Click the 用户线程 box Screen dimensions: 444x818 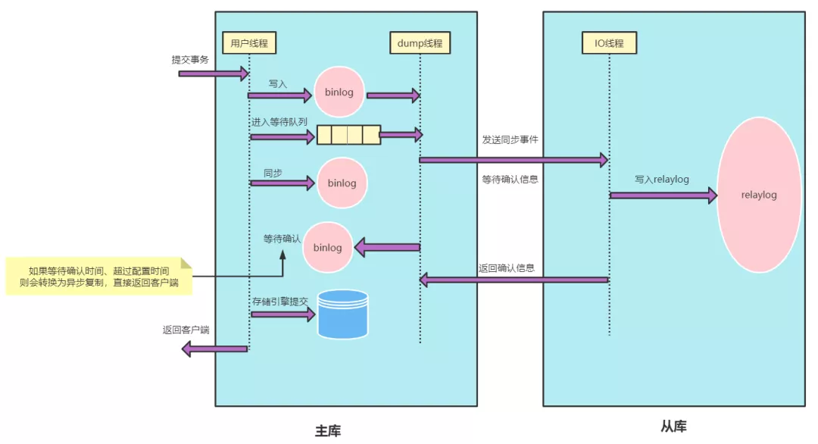[x=248, y=43]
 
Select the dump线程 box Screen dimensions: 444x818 [x=420, y=43]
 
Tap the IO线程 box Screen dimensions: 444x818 [x=608, y=43]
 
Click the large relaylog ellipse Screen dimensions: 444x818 [x=759, y=195]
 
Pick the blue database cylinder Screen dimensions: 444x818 [x=342, y=314]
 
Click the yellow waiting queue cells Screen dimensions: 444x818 [x=348, y=135]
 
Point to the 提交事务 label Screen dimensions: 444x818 [x=190, y=60]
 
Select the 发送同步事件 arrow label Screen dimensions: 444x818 [x=510, y=140]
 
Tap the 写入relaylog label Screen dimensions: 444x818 [x=663, y=180]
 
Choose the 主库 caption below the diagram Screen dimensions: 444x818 [x=328, y=430]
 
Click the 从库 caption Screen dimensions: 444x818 [x=673, y=426]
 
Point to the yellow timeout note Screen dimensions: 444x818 [x=99, y=276]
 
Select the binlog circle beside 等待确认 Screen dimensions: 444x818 [x=328, y=247]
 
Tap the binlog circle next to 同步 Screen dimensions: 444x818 [x=342, y=183]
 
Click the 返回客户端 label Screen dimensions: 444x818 [x=186, y=330]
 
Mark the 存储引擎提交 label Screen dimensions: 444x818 [x=280, y=302]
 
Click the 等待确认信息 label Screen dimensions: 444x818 [x=510, y=180]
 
